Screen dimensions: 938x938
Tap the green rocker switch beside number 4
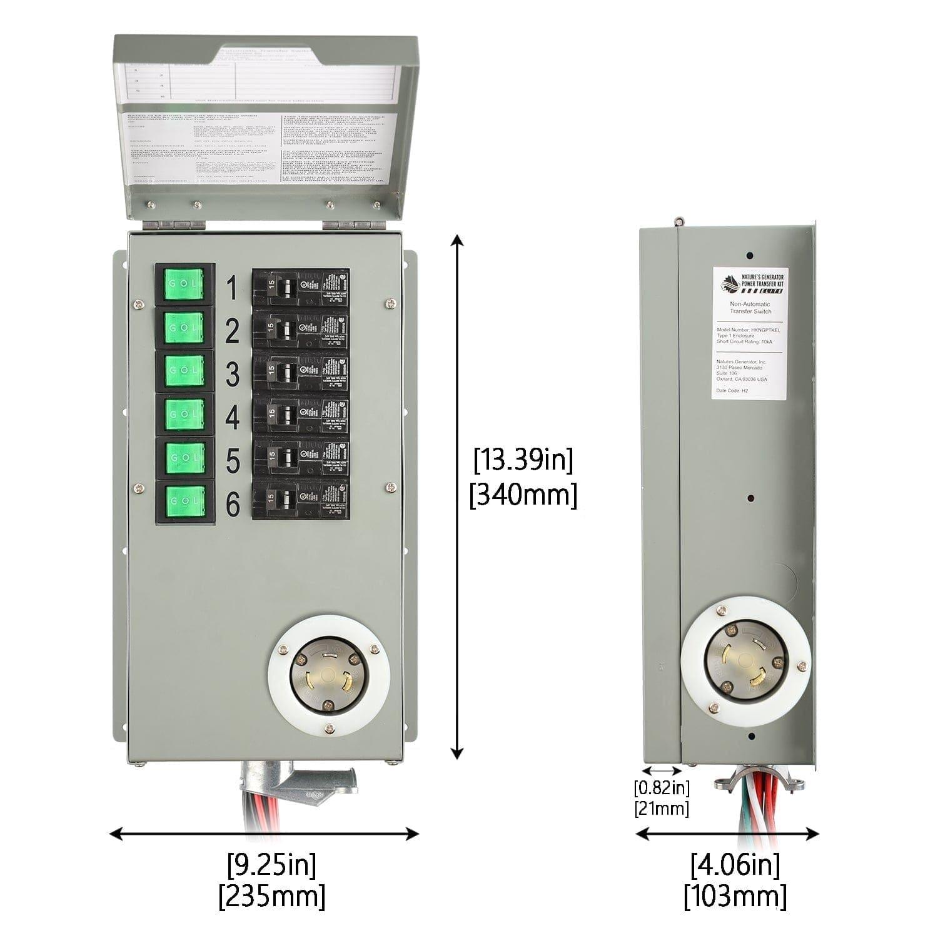(184, 413)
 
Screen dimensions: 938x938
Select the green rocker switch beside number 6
(184, 500)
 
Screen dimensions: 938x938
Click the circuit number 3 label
(232, 374)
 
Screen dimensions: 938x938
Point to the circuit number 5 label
(232, 461)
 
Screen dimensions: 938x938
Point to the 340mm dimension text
(523, 495)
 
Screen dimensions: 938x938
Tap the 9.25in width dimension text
(271, 865)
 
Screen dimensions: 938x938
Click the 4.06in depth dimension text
(735, 866)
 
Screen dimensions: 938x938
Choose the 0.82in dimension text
(662, 787)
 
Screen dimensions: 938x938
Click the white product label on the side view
(750, 335)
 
